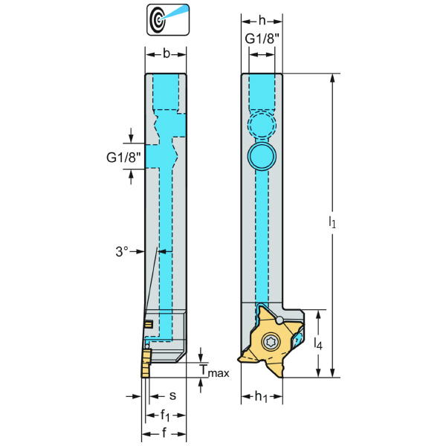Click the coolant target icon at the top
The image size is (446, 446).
(x=167, y=19)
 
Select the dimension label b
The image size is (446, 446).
(x=165, y=53)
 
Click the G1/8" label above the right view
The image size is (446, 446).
(x=261, y=39)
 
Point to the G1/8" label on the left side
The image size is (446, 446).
(x=124, y=157)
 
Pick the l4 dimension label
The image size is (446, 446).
(x=318, y=344)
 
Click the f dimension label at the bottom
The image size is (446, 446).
(x=165, y=433)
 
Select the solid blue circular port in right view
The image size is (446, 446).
(x=261, y=155)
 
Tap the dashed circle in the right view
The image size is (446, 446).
(x=261, y=123)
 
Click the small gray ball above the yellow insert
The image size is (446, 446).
(x=279, y=320)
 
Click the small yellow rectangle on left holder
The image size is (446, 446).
(x=149, y=323)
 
